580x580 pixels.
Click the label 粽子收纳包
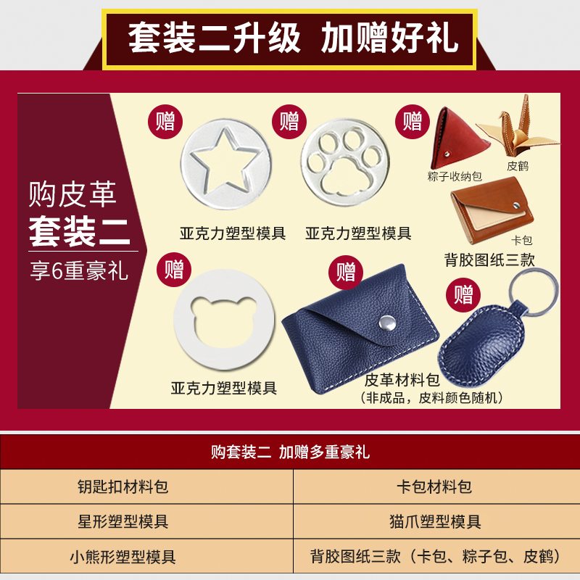tap(455, 176)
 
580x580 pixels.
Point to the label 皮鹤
tap(518, 166)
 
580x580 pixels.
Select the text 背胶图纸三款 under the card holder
tap(490, 259)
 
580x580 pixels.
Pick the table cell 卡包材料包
tap(436, 486)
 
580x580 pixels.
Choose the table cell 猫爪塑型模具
tap(436, 522)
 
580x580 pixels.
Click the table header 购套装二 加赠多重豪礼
tap(290, 452)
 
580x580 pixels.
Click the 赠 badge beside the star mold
tap(165, 120)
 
